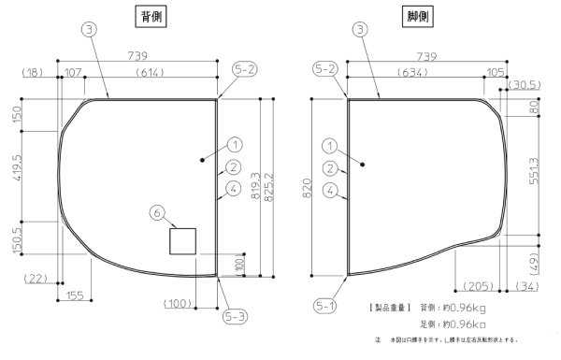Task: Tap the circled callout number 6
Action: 157,213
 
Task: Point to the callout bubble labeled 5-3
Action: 235,317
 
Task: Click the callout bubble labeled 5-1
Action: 324,305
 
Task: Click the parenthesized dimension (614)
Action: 151,72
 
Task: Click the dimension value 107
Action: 73,72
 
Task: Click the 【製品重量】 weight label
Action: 388,307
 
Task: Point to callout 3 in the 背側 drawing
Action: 87,30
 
